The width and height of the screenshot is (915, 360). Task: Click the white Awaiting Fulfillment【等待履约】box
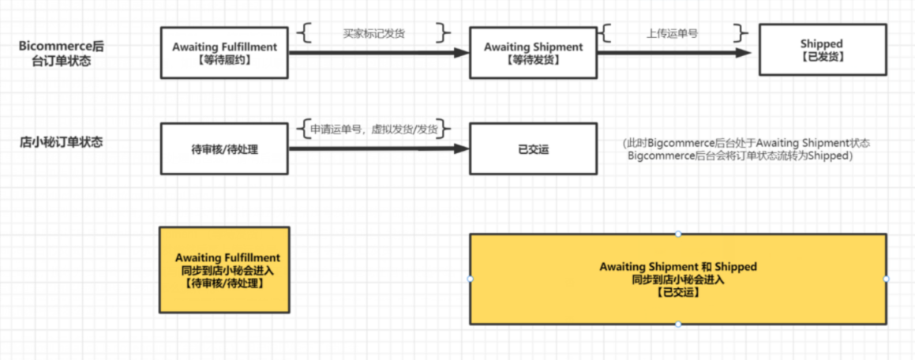[x=224, y=53]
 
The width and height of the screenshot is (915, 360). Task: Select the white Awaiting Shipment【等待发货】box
[x=533, y=53]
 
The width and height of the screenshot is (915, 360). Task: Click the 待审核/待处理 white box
[x=224, y=148]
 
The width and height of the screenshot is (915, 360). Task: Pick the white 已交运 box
[x=533, y=148]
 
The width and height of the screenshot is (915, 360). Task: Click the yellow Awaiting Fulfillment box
[x=224, y=269]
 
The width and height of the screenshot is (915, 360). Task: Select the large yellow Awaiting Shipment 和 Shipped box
[x=677, y=279]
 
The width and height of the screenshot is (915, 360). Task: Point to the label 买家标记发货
[x=374, y=34]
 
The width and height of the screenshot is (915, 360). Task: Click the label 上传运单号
[x=672, y=34]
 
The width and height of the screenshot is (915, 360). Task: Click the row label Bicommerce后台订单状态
[x=62, y=53]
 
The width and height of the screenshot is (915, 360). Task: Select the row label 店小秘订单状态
[x=62, y=144]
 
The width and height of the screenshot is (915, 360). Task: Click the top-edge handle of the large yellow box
[x=677, y=234]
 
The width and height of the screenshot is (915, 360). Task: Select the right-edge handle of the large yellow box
[x=886, y=279]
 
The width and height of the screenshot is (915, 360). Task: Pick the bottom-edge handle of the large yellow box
[x=677, y=324]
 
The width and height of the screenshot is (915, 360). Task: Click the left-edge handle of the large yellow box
[x=470, y=279]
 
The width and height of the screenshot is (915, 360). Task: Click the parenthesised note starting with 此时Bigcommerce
[x=746, y=149]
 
